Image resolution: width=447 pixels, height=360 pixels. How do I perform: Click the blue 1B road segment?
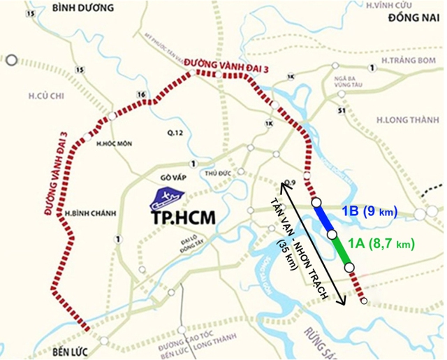325,218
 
